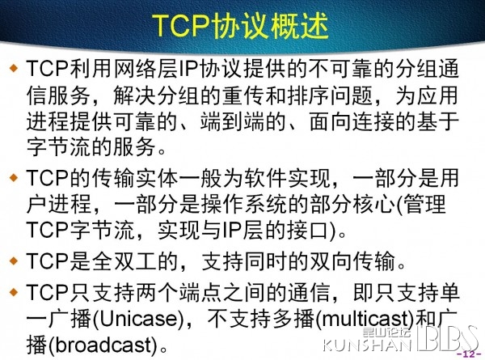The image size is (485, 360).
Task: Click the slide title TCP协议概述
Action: click(240, 26)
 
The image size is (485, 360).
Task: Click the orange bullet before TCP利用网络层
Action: click(14, 67)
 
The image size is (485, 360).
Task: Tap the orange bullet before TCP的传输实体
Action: click(14, 178)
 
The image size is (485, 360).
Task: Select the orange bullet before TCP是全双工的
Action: click(14, 260)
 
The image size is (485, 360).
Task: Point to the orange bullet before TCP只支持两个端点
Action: click(14, 291)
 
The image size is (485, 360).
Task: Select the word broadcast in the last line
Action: click(104, 345)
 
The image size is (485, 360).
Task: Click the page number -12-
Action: click(469, 354)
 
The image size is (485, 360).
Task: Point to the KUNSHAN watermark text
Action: click(367, 345)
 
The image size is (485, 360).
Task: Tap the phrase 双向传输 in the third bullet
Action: click(352, 261)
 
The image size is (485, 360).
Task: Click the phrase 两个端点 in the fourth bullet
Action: click(167, 292)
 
